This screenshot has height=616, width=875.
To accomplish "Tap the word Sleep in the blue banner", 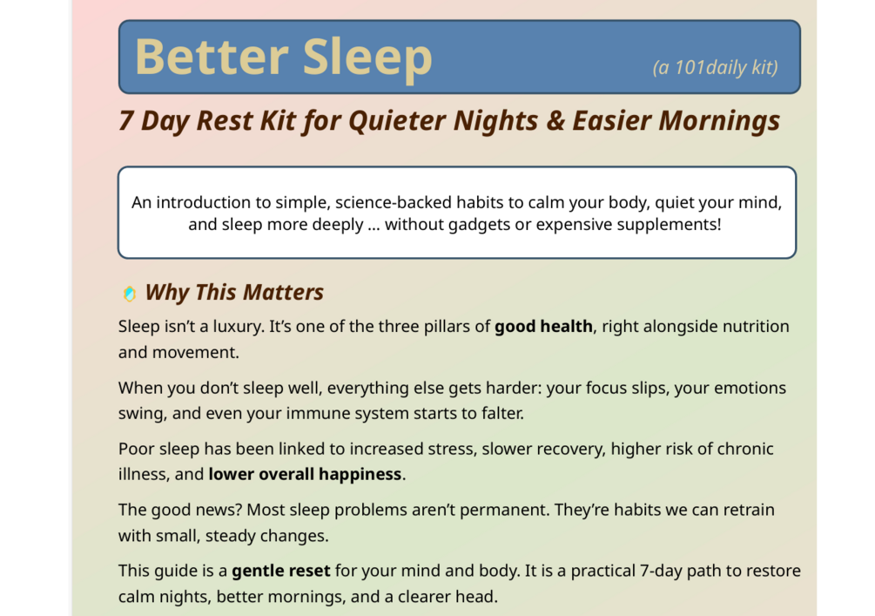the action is [367, 58].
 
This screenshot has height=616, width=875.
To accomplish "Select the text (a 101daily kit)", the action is [716, 68].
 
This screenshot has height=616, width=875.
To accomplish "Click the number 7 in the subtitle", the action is [126, 120].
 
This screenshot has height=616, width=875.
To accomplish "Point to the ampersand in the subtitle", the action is [555, 120].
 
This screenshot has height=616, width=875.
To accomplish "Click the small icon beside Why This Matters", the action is [130, 294].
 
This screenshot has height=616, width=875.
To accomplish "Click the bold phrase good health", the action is [543, 326].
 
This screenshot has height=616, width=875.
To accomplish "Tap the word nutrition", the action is [756, 326].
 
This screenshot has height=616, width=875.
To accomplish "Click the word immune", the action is [313, 413].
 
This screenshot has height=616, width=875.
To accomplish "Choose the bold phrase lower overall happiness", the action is [306, 474].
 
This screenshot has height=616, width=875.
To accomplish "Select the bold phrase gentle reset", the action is [281, 572].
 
